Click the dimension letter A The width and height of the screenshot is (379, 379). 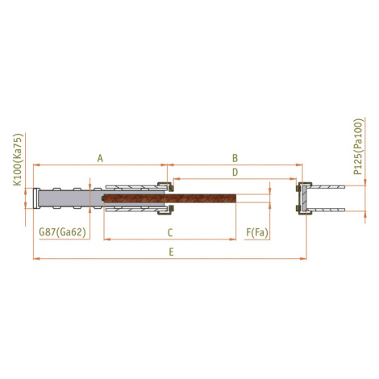coord(100,158)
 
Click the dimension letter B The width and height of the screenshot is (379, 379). coord(235,158)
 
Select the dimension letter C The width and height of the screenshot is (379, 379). coord(170,232)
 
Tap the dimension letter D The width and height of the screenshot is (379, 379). coord(235,172)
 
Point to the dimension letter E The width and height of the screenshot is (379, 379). coord(171,252)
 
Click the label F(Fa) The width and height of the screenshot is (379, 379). coord(257,232)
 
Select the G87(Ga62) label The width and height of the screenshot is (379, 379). coord(62,232)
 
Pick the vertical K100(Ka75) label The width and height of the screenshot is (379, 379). coord(18,160)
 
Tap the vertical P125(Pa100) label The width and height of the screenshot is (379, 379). coord(358,147)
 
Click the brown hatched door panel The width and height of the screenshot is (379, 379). coord(170,198)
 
